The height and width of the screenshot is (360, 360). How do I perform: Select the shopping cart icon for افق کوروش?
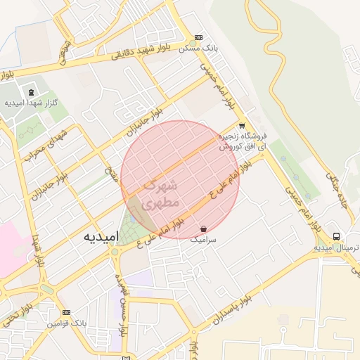(x=242, y=127)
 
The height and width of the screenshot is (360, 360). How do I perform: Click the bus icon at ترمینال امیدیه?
(x=337, y=236)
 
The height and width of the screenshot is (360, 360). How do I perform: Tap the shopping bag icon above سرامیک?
(x=203, y=229)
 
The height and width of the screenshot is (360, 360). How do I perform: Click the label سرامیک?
(x=204, y=240)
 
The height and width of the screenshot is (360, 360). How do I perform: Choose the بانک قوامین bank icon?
(x=66, y=312)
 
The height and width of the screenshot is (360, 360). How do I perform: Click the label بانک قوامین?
(x=66, y=323)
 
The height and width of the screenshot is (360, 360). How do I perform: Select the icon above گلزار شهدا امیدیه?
(x=30, y=92)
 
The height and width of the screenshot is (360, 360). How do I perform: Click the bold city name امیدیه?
(x=99, y=236)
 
